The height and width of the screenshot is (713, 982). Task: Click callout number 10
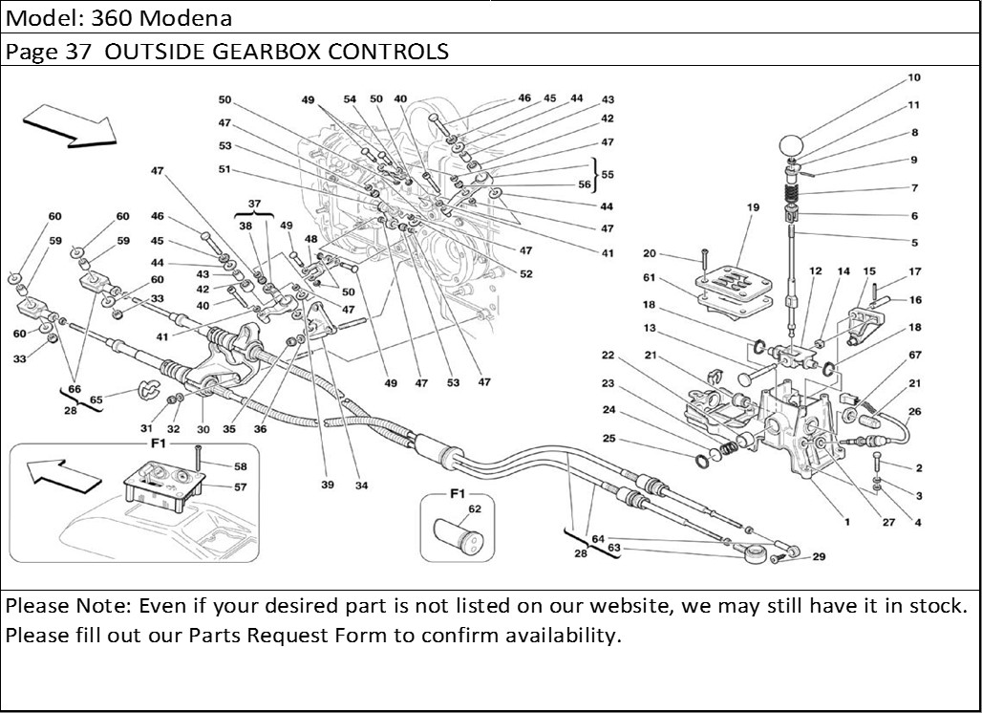click(x=914, y=77)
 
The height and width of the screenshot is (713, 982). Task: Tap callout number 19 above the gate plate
click(x=753, y=206)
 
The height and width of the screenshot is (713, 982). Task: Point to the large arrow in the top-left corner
click(x=69, y=126)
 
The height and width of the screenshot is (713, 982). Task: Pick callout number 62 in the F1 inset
click(x=475, y=508)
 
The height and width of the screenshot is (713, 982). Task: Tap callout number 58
click(x=240, y=466)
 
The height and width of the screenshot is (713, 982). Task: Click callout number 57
click(x=240, y=487)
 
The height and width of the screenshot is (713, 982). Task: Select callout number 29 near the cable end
click(x=819, y=556)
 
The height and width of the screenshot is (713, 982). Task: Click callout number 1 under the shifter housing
click(x=846, y=522)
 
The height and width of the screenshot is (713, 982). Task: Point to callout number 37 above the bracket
click(x=254, y=205)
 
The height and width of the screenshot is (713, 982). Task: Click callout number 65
click(x=96, y=400)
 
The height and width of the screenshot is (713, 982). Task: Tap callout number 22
click(x=608, y=356)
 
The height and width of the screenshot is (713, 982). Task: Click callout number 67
click(x=914, y=356)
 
